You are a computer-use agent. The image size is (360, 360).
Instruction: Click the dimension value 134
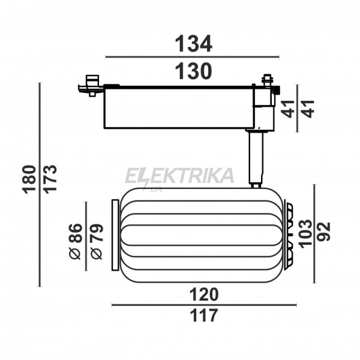pos(194,44)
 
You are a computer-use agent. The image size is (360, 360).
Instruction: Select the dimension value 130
pos(194,71)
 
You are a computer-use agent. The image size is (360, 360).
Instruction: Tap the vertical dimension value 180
pos(29,179)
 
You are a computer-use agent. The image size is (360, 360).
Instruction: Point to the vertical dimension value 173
pos(50,179)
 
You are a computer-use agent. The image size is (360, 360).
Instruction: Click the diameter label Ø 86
pos(76,241)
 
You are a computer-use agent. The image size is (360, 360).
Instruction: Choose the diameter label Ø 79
pos(97,242)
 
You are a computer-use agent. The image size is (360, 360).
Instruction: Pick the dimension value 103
pos(306,234)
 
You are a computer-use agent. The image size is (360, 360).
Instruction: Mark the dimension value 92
pos(323,232)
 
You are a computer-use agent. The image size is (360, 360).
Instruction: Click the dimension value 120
pos(204,295)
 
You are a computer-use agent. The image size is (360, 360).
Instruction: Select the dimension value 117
pos(204,316)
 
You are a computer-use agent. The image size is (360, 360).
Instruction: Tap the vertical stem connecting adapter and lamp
pos(256,159)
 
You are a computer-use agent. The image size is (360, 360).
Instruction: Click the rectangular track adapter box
pos(179,107)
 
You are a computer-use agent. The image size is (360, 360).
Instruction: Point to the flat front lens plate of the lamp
pos(115,235)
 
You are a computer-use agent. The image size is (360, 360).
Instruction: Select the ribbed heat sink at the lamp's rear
pos(289,235)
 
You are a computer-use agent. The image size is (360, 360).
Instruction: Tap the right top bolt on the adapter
pos(267,80)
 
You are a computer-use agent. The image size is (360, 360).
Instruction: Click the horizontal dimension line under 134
pos(193,57)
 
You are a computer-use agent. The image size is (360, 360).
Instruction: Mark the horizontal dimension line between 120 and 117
pos(204,305)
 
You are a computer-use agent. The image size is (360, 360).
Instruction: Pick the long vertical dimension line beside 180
pos(40,185)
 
